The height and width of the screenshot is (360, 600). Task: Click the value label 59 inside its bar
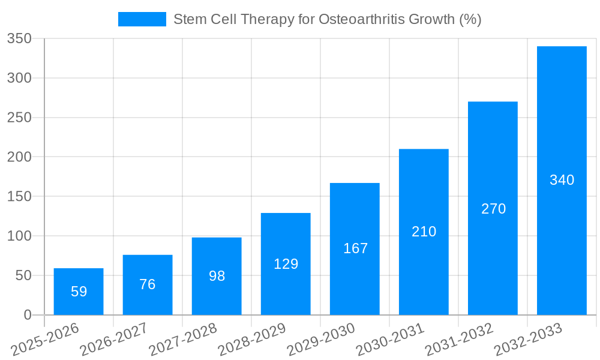[x=79, y=292]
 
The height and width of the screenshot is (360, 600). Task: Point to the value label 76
[x=148, y=284]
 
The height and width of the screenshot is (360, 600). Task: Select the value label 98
[x=217, y=276]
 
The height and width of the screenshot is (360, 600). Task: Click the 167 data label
[x=355, y=248]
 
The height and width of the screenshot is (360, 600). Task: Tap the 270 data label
[x=493, y=209]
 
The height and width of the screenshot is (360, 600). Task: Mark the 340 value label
[x=562, y=180]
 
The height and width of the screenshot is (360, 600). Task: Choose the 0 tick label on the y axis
[x=27, y=315]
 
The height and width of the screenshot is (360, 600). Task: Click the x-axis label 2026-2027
[x=114, y=339]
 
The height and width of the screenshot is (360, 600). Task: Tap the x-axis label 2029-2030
[x=321, y=339]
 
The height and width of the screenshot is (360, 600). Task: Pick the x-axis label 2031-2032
[x=459, y=339]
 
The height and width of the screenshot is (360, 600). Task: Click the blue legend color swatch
[x=142, y=19]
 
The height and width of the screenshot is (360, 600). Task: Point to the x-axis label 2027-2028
[x=183, y=339]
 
